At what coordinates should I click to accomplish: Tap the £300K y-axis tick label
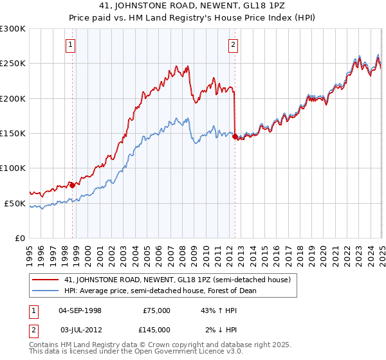pos(13,29)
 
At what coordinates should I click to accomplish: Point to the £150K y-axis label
pos(13,134)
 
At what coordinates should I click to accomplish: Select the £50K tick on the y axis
pos(15,203)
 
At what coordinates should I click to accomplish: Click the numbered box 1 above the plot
pos(71,44)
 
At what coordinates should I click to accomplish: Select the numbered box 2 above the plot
pos(232,44)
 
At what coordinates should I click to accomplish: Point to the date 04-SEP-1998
pos(80,310)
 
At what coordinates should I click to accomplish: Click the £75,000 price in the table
pos(156,310)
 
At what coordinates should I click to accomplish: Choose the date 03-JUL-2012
pos(80,330)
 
